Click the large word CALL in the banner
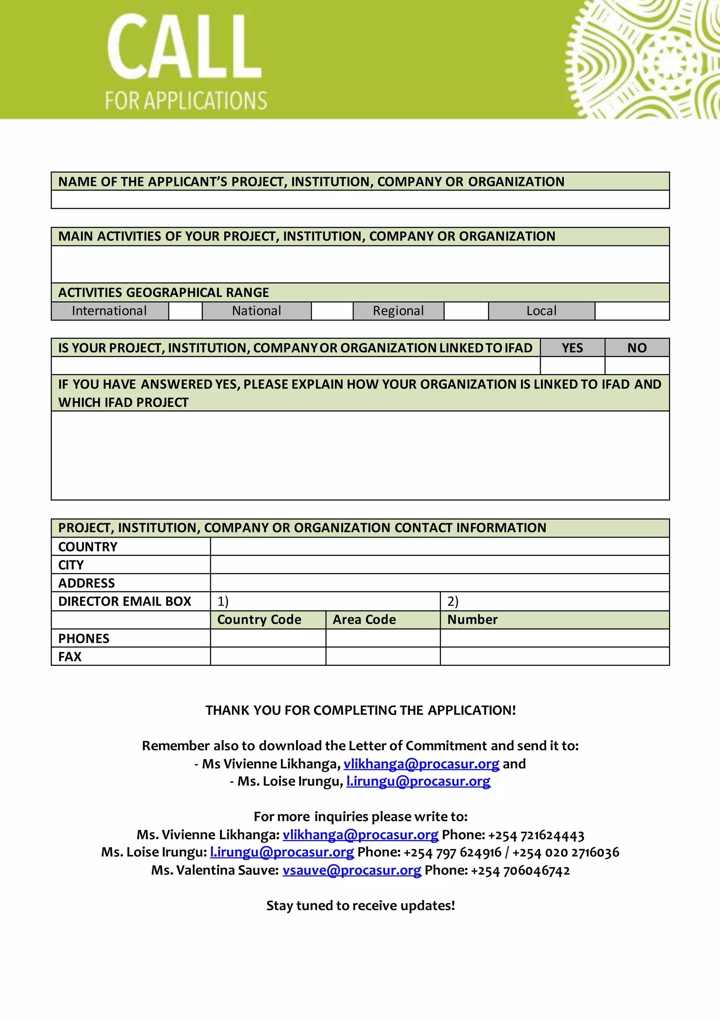click(184, 47)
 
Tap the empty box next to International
click(185, 311)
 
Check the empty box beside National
click(332, 311)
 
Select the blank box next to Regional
click(466, 311)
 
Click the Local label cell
click(541, 311)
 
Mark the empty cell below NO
click(637, 366)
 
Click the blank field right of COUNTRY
click(439, 546)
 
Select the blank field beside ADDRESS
click(439, 583)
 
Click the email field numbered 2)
click(554, 601)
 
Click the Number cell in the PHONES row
click(554, 638)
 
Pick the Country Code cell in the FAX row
click(268, 656)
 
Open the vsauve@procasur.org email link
click(352, 870)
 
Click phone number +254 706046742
click(520, 870)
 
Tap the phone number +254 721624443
click(536, 835)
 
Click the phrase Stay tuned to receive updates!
click(360, 906)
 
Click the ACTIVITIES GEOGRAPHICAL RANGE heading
click(163, 292)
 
